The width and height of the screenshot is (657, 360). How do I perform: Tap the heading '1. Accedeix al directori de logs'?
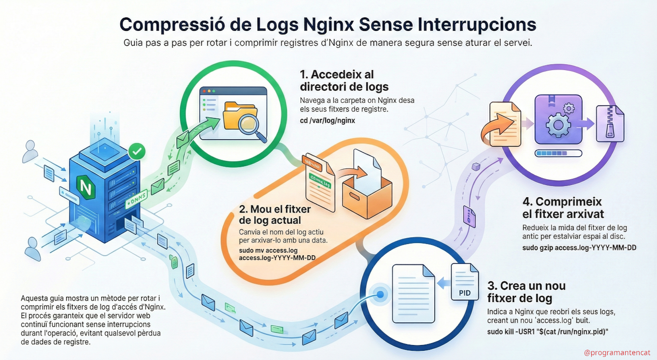[344, 81]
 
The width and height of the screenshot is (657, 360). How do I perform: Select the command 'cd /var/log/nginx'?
[328, 120]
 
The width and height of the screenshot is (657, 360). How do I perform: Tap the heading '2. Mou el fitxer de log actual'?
[274, 215]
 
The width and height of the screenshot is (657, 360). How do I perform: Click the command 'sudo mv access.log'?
[268, 251]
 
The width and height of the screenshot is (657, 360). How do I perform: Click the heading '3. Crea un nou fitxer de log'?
[526, 291]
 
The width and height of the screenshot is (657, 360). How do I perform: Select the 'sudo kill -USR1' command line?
[547, 331]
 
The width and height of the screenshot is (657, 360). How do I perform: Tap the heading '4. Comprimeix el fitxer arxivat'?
[563, 208]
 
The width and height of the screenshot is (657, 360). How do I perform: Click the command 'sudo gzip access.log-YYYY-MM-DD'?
[579, 247]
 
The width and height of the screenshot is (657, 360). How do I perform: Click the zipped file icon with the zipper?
[610, 124]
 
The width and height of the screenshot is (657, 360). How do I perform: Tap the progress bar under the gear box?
[558, 154]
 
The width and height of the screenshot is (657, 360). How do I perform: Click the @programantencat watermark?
[617, 353]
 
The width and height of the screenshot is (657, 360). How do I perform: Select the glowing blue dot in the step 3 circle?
[381, 294]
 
